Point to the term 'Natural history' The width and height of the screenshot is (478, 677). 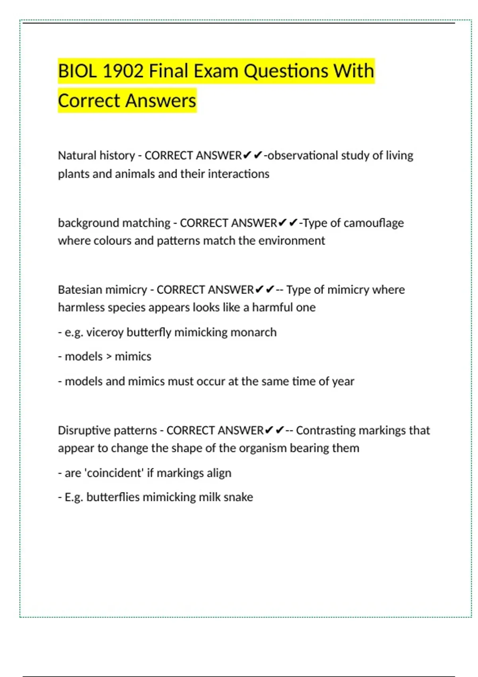(x=96, y=155)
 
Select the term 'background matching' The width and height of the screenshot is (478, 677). (x=114, y=223)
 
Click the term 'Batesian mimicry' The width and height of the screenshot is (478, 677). (x=102, y=290)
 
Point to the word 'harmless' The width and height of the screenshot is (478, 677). (x=75, y=307)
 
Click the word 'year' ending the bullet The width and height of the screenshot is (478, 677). (x=343, y=382)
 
